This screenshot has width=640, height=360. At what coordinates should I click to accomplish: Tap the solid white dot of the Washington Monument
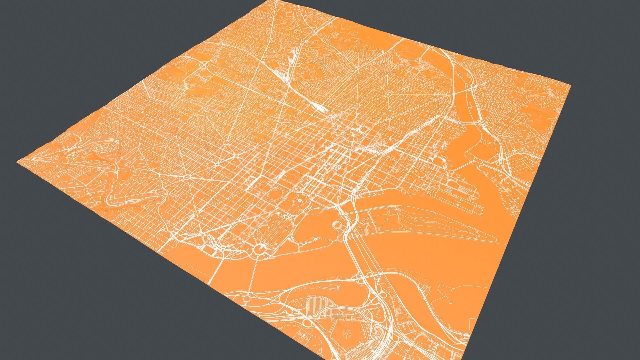pyautogui.click(x=300, y=200)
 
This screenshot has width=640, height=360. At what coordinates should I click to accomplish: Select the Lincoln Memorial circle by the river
pyautogui.click(x=259, y=248)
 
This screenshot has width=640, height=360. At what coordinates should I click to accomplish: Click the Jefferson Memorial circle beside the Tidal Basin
pyautogui.click(x=337, y=224)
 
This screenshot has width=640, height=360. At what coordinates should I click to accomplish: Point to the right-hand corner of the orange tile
pyautogui.click(x=571, y=86)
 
